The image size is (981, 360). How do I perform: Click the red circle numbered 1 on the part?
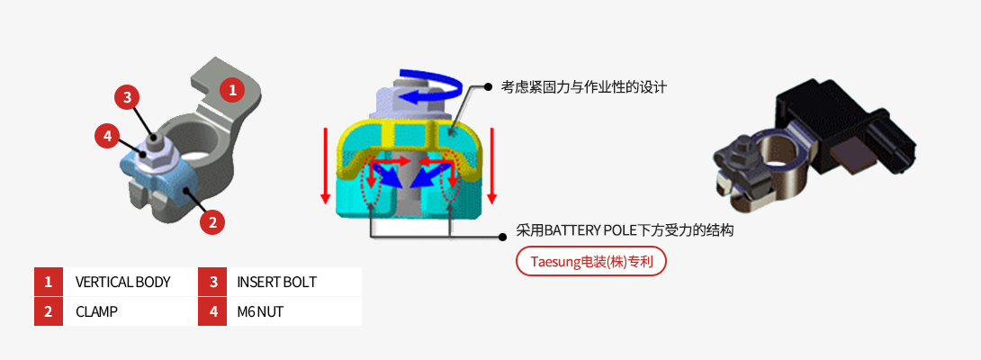(232, 90)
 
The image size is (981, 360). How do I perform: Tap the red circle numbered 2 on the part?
(211, 221)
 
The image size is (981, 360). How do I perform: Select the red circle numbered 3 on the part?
(127, 96)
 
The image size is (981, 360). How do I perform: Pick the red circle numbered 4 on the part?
(107, 137)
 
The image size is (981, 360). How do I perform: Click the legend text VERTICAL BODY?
(122, 282)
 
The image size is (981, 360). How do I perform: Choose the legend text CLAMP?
(97, 311)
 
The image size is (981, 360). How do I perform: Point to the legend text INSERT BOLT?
(276, 282)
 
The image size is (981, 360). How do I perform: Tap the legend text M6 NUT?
(259, 311)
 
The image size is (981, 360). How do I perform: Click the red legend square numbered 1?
(49, 282)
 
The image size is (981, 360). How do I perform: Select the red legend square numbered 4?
(213, 311)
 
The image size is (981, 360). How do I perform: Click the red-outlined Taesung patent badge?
(590, 262)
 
